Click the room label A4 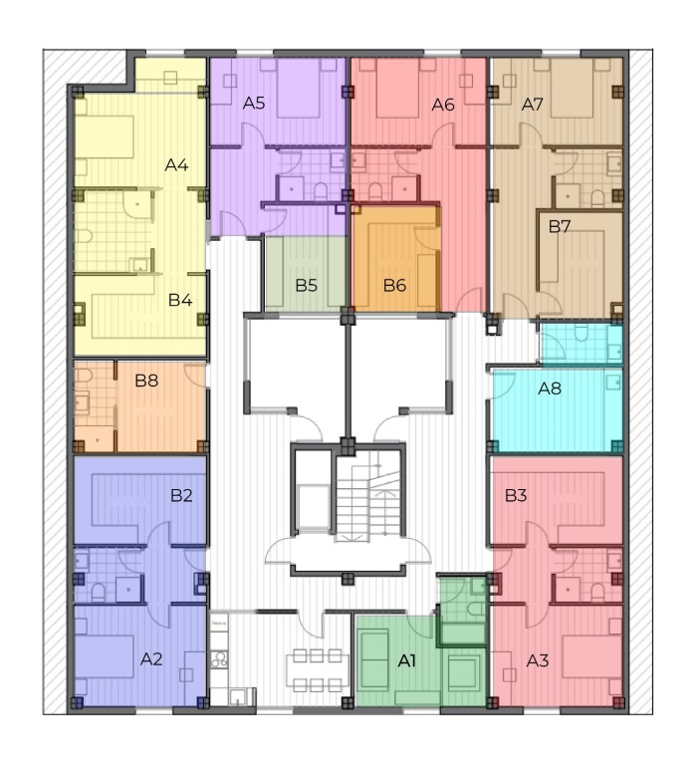click(176, 165)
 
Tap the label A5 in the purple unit click(254, 103)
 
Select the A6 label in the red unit click(443, 105)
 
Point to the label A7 click(532, 105)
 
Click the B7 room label click(560, 226)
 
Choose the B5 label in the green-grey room click(307, 286)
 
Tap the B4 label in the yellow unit click(180, 300)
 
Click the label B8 click(146, 381)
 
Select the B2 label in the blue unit click(181, 496)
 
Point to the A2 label click(151, 659)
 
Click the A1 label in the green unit click(407, 661)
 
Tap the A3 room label click(538, 661)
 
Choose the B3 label click(516, 496)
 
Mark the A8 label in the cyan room click(550, 388)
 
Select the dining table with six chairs click(317, 670)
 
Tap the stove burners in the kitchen click(219, 659)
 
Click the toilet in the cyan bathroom click(581, 334)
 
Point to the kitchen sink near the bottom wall click(238, 696)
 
